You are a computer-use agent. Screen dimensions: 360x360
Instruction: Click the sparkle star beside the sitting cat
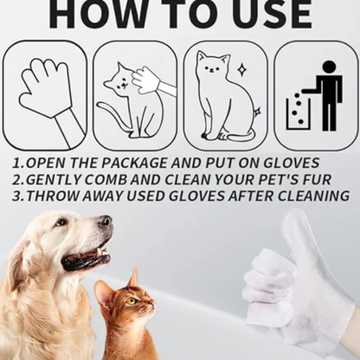point(241,70)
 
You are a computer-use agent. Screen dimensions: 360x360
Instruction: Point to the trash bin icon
point(299,110)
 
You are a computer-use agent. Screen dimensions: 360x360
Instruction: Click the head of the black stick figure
point(329,67)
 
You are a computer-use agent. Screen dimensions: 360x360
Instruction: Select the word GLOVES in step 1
point(289,163)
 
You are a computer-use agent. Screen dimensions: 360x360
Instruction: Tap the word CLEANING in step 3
point(310,196)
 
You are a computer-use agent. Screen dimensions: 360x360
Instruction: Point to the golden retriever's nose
point(105,221)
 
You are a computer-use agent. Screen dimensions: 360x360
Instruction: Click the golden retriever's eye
point(62,222)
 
